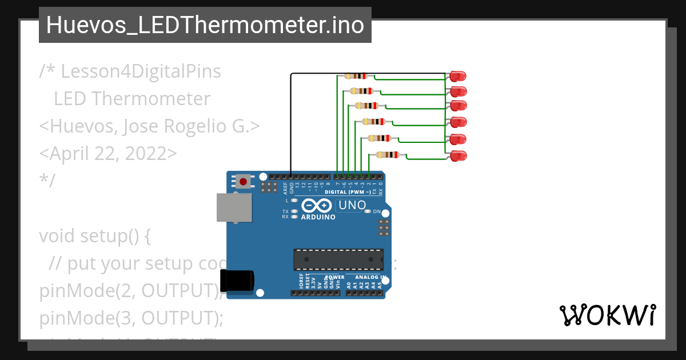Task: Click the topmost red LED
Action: [458, 75]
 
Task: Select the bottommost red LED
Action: [458, 155]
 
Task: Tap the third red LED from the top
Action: [458, 106]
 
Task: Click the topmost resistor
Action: [356, 76]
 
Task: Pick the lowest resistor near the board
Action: [388, 154]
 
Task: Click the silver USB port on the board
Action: [234, 207]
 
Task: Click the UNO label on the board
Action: [352, 205]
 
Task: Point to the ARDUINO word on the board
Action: [318, 217]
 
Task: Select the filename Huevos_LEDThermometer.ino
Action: [205, 25]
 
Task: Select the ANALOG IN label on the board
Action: [367, 277]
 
